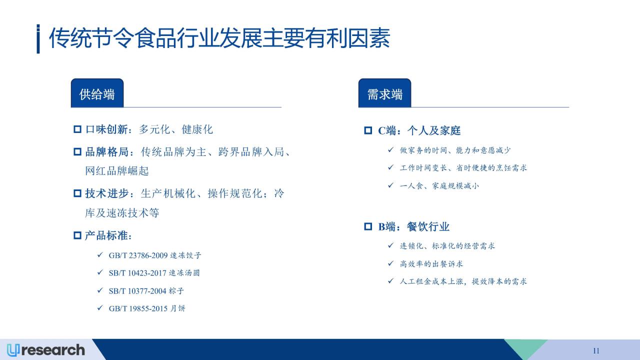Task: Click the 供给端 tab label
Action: pos(97,94)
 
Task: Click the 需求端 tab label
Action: pos(384,94)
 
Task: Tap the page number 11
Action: pos(596,350)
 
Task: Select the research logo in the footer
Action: pos(46,350)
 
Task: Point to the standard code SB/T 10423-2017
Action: pos(137,273)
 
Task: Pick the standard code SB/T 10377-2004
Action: pos(137,291)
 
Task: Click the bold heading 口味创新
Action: pos(106,129)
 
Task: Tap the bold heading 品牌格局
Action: pos(107,151)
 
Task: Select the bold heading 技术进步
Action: pos(107,193)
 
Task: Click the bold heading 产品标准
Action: pos(106,235)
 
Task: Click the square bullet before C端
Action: pos(368,130)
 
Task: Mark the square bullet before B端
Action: pos(368,226)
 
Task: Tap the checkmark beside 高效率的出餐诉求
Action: pos(390,263)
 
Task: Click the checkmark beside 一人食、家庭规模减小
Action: pos(390,185)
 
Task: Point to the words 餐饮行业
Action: pos(428,227)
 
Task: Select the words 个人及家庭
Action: pos(433,130)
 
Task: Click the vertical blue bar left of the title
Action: pos(38,39)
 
